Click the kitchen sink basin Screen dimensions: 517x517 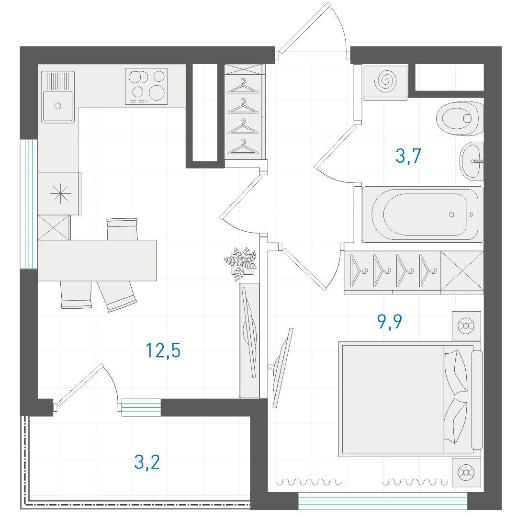click(58, 106)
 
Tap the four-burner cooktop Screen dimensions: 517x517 click(146, 86)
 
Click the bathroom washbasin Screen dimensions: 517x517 click(472, 161)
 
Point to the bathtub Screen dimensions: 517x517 click(423, 214)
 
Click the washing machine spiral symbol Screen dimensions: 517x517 click(385, 81)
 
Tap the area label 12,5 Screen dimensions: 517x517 click(163, 350)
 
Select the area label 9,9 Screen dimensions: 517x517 click(389, 322)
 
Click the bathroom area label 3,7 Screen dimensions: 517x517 click(408, 156)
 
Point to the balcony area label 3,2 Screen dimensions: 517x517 click(147, 462)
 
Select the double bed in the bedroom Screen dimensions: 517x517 click(410, 399)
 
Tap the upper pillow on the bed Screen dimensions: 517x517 click(456, 371)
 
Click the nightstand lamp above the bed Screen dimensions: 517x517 click(466, 326)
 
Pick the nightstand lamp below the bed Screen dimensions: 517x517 click(466, 472)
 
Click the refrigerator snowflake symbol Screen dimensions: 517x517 click(60, 193)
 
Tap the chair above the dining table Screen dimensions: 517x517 click(122, 229)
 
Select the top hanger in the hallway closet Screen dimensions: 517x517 click(243, 86)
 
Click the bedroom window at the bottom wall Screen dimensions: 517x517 click(383, 501)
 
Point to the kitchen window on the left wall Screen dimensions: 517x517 click(29, 204)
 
